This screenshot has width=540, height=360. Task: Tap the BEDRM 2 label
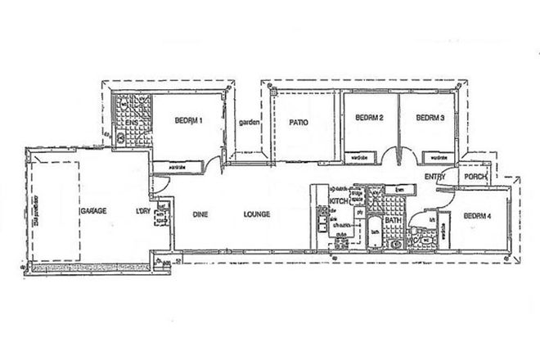tap(370, 118)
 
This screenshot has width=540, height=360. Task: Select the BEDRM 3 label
tap(430, 118)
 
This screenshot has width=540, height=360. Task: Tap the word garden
tap(249, 123)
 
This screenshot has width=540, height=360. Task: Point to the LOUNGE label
tap(256, 214)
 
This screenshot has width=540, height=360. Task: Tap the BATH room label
tap(394, 220)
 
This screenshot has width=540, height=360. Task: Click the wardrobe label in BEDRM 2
tap(358, 156)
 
